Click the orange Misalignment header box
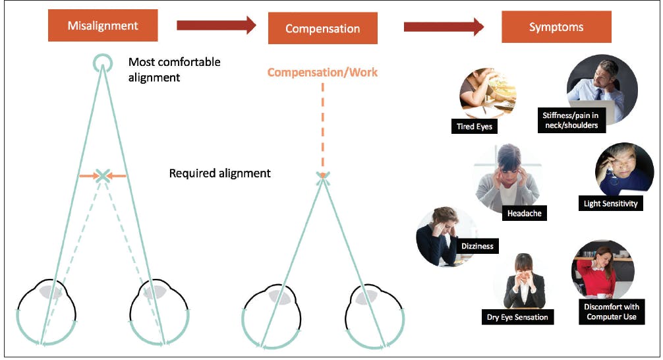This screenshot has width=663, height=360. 103,26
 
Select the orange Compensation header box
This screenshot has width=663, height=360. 322,28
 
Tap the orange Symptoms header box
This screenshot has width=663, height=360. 556,28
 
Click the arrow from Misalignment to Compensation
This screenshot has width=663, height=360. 216,26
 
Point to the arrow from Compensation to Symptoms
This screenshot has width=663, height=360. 444,26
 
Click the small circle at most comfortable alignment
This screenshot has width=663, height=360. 102,63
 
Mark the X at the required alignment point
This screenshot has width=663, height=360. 103,175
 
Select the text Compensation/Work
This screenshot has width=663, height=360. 322,72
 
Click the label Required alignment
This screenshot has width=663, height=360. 219,173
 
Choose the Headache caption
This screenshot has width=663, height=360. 524,213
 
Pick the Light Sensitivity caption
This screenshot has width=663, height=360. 610,203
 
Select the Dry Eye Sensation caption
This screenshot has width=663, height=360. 517,317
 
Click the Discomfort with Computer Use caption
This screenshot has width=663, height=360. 611,312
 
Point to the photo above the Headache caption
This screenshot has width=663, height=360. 504,176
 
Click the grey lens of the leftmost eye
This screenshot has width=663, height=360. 51,291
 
